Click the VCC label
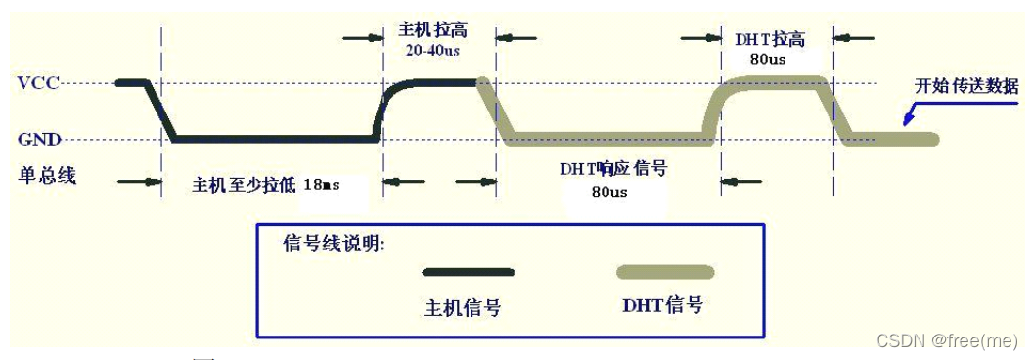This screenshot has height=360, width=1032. click(38, 83)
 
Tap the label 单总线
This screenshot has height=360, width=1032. click(47, 176)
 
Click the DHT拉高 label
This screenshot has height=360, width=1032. click(769, 39)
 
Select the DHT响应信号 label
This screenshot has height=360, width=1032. click(613, 168)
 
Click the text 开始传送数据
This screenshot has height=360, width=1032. click(965, 86)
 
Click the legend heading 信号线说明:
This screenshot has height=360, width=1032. click(334, 244)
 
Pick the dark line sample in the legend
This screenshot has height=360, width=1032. click(467, 272)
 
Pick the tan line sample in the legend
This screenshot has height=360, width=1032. click(663, 272)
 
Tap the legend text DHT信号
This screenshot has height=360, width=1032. click(662, 305)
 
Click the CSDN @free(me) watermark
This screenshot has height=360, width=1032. click(947, 339)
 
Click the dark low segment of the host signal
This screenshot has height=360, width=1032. click(274, 139)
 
